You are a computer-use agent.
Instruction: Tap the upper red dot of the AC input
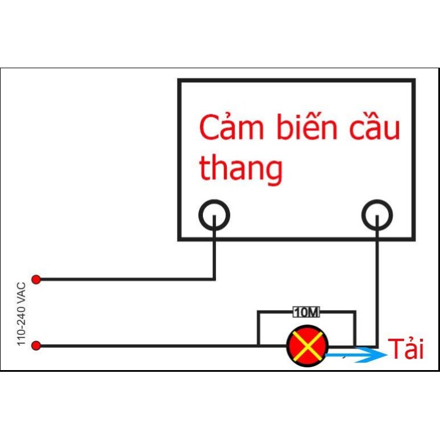[x=36, y=279]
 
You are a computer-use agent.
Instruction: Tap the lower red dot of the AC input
[x=36, y=345]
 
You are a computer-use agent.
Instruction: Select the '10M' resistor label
[x=306, y=312]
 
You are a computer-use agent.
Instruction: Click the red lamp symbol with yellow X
[x=308, y=346]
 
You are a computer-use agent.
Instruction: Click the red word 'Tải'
[x=406, y=348]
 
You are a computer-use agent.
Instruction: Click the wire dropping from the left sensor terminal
[x=214, y=253]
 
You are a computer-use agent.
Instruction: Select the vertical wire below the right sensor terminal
[x=377, y=284]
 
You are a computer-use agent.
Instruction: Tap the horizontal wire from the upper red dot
[x=125, y=279]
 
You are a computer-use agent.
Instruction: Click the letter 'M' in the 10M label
[x=314, y=312]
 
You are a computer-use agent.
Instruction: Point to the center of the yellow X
[x=308, y=346]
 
